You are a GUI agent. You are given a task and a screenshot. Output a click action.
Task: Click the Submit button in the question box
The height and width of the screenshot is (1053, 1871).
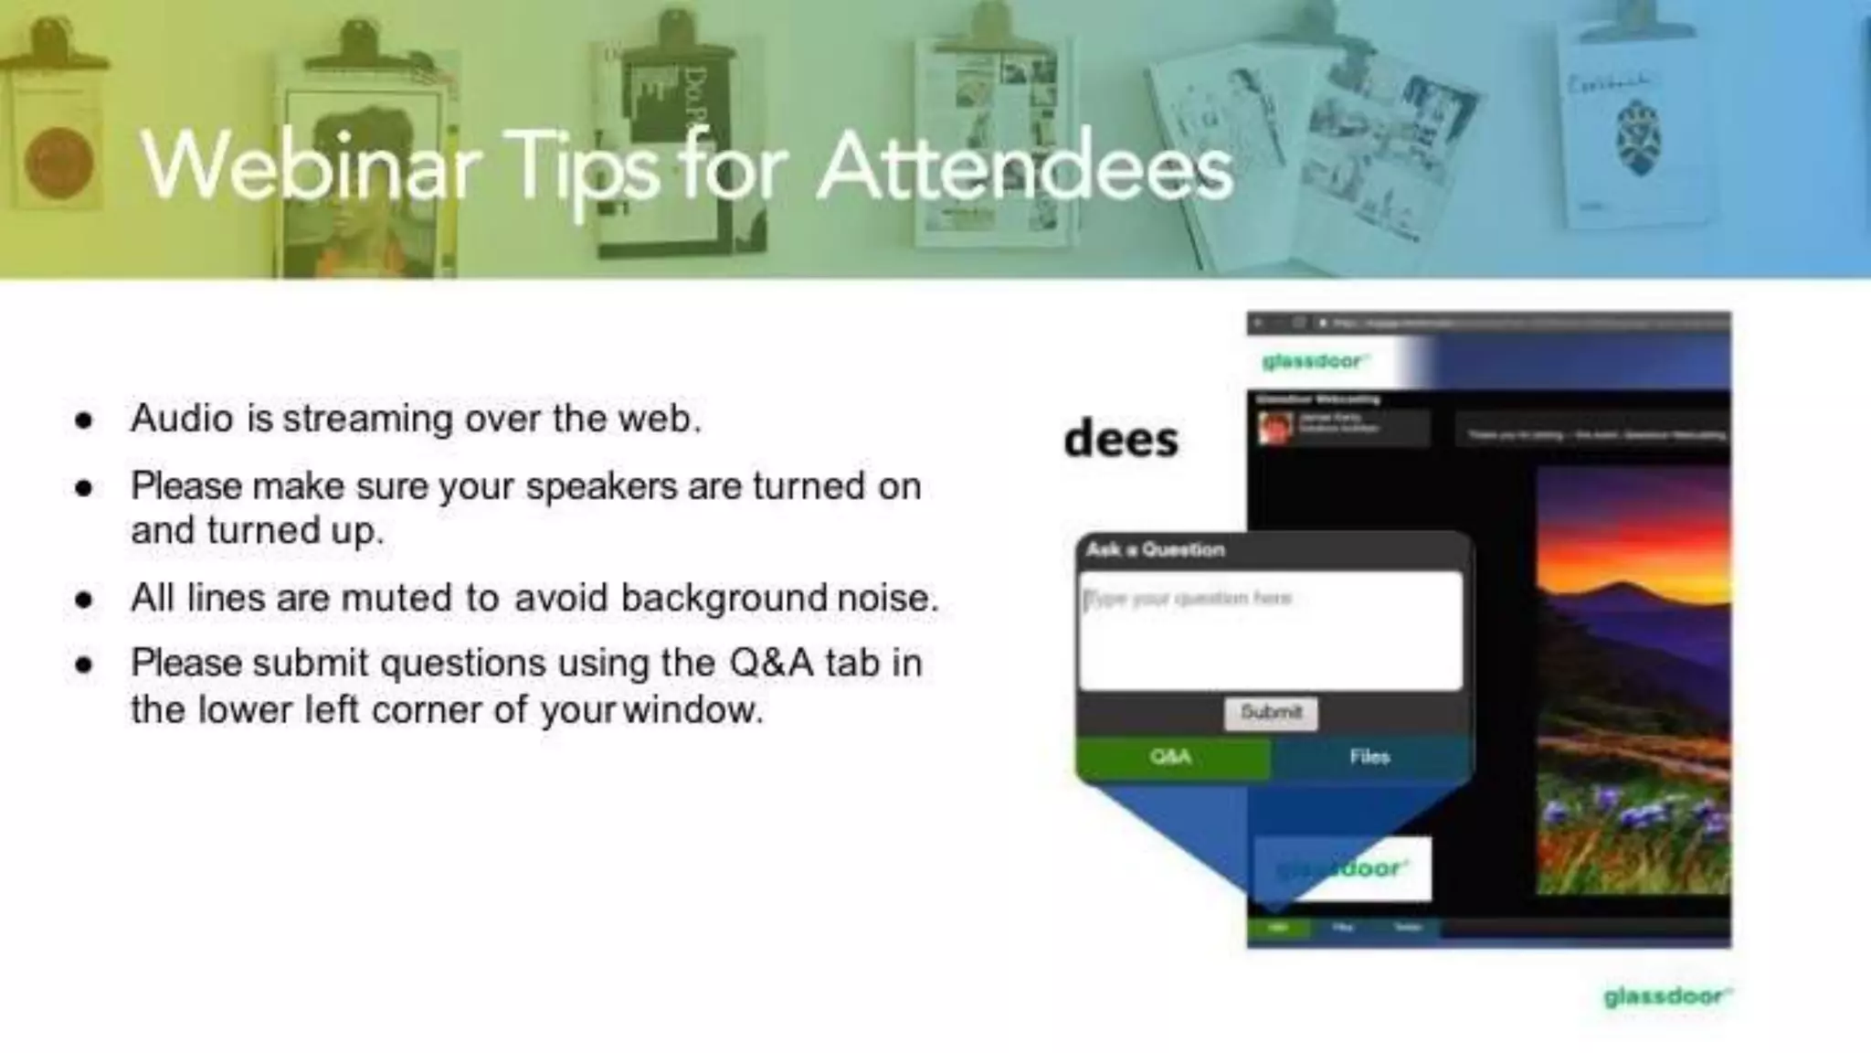1271,712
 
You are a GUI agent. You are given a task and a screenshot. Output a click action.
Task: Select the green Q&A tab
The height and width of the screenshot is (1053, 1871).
1172,757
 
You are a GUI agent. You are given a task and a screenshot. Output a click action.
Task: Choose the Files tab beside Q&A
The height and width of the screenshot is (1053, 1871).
1369,757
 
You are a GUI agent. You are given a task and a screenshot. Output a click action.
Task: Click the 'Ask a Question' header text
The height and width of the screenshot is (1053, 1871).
1155,549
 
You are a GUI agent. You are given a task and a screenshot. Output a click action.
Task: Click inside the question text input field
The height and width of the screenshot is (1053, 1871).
1270,640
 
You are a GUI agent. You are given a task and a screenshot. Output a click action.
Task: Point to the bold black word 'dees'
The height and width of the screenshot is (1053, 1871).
1121,440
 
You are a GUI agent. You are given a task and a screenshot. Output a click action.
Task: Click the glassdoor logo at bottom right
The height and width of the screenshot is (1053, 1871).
1666,995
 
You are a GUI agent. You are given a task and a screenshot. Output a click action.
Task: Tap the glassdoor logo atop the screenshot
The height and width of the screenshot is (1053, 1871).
1312,362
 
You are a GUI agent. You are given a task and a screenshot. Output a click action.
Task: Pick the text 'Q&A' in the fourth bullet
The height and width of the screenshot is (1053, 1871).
771,664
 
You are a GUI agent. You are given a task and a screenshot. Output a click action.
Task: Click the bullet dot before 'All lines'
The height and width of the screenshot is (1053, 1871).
85,601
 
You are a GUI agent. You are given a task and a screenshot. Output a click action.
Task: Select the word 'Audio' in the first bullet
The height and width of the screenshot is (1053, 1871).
182,420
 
